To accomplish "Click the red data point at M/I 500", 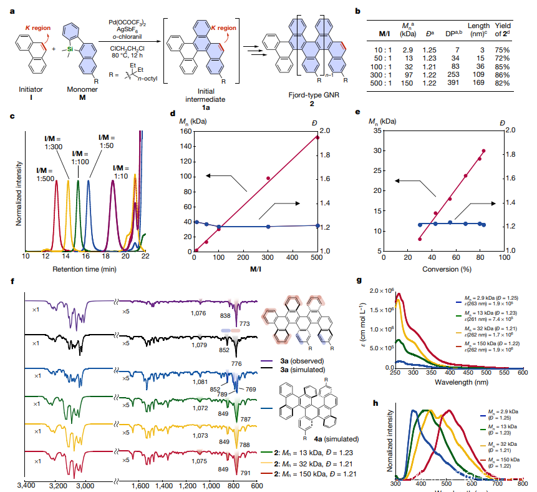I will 317,137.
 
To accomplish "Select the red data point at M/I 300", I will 268,179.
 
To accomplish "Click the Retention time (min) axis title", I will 85,270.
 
